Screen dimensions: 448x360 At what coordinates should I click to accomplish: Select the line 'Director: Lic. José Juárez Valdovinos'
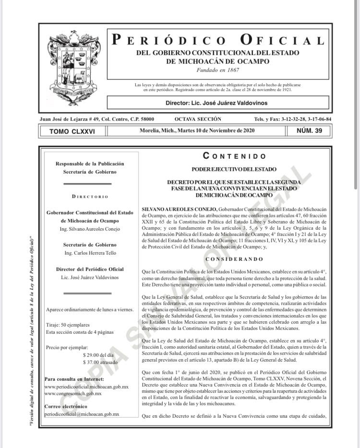click(x=216, y=103)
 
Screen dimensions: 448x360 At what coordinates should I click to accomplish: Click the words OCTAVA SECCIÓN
click(x=198, y=119)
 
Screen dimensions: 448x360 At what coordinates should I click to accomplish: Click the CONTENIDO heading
click(x=234, y=156)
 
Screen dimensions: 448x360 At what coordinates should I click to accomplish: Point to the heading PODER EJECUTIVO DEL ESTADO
click(x=234, y=169)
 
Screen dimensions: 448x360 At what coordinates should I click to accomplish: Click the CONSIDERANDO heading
click(x=234, y=259)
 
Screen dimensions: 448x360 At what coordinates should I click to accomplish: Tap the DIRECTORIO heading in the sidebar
click(x=90, y=196)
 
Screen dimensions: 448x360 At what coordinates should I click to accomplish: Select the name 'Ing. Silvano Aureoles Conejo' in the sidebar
click(x=90, y=229)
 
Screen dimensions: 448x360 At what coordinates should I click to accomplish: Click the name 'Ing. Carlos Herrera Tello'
click(x=90, y=253)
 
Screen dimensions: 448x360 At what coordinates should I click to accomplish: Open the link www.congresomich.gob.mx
click(x=72, y=393)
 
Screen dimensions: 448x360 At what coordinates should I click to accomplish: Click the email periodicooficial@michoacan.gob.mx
click(x=81, y=413)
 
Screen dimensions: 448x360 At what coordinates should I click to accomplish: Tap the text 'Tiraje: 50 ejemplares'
click(x=68, y=325)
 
